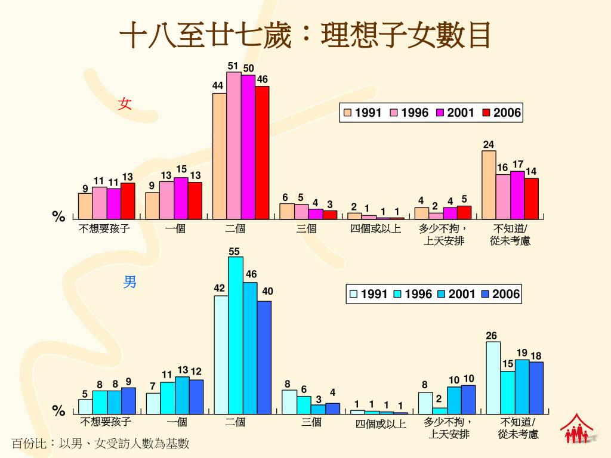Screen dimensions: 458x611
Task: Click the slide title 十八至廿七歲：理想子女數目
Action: (305, 35)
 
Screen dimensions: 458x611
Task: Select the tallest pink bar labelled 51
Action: (234, 146)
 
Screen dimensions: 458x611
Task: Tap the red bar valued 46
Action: (262, 153)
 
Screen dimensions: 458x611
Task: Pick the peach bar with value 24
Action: (489, 185)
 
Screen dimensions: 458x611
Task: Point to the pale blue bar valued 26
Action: (493, 377)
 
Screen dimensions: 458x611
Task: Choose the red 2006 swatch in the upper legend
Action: (486, 113)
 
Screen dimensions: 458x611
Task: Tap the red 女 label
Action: (125, 104)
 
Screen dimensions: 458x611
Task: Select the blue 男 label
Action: (129, 281)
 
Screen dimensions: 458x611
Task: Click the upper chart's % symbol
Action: (58, 216)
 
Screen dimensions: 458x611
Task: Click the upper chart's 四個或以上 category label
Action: (375, 228)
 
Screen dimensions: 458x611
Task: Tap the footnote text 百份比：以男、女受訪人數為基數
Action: (100, 444)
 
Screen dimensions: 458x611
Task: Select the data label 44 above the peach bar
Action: (218, 86)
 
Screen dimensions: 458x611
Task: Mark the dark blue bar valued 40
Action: (264, 357)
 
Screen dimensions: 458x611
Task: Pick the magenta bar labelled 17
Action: (517, 195)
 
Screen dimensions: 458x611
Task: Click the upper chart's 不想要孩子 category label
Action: (104, 228)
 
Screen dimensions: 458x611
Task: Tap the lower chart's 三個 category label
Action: (311, 422)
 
